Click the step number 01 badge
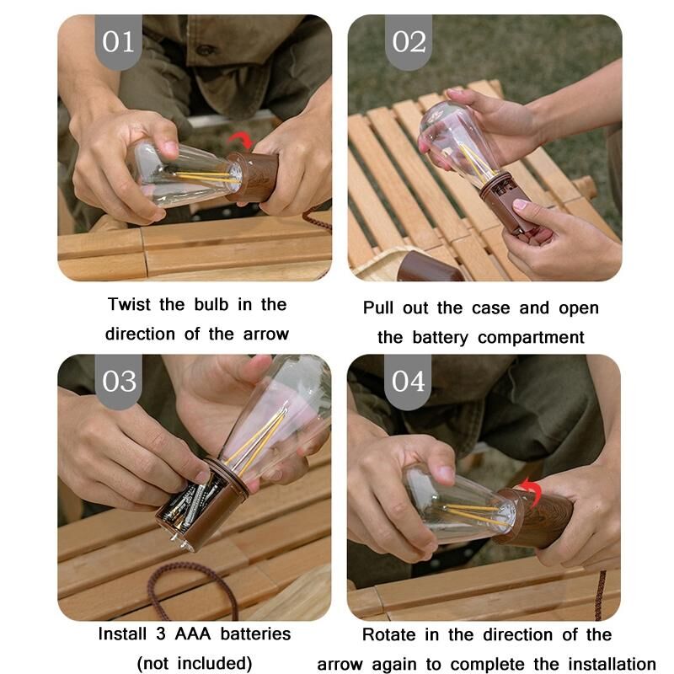pyautogui.click(x=118, y=41)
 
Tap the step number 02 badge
pyautogui.click(x=409, y=41)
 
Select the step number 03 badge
pyautogui.click(x=119, y=382)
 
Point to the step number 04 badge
pyautogui.click(x=408, y=382)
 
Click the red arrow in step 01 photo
pyautogui.click(x=241, y=140)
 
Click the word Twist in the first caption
pyautogui.click(x=129, y=304)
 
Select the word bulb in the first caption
pyautogui.click(x=211, y=304)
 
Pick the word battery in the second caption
pyautogui.click(x=440, y=338)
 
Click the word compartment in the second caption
pyautogui.click(x=531, y=338)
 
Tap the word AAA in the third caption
pyautogui.click(x=193, y=634)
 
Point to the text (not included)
pyautogui.click(x=195, y=663)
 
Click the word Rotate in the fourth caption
pyautogui.click(x=389, y=634)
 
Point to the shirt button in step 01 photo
pyautogui.click(x=206, y=50)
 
